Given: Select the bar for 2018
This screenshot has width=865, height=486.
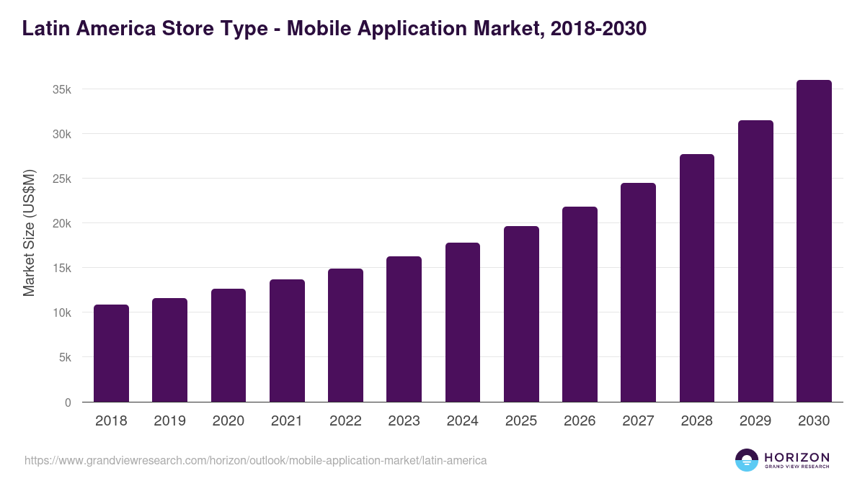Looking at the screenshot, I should pyautogui.click(x=111, y=353).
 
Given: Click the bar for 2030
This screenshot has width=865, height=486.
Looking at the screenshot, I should pyautogui.click(x=814, y=241).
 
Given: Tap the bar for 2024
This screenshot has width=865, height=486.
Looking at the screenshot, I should pyautogui.click(x=463, y=323).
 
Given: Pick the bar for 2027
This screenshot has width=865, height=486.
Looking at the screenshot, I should pyautogui.click(x=638, y=292).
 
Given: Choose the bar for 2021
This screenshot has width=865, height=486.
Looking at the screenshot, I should pyautogui.click(x=287, y=341).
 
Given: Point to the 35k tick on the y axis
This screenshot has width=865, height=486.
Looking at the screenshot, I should pyautogui.click(x=61, y=90).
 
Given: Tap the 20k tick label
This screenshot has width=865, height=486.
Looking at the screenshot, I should pyautogui.click(x=61, y=224).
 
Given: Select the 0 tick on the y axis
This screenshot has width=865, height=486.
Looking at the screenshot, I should pyautogui.click(x=68, y=402).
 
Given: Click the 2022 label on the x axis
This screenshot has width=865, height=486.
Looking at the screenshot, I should pyautogui.click(x=345, y=421).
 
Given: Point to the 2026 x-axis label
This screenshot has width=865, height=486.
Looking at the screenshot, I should pyautogui.click(x=580, y=421).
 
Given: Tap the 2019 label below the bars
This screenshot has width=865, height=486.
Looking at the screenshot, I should pyautogui.click(x=169, y=421).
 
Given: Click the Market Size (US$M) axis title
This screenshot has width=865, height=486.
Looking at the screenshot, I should pyautogui.click(x=29, y=233).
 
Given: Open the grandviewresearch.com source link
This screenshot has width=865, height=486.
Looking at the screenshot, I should pyautogui.click(x=255, y=460).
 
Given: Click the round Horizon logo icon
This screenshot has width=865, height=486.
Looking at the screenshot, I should pyautogui.click(x=747, y=460).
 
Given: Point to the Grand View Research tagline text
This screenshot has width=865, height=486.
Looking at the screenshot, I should pyautogui.click(x=797, y=467).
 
